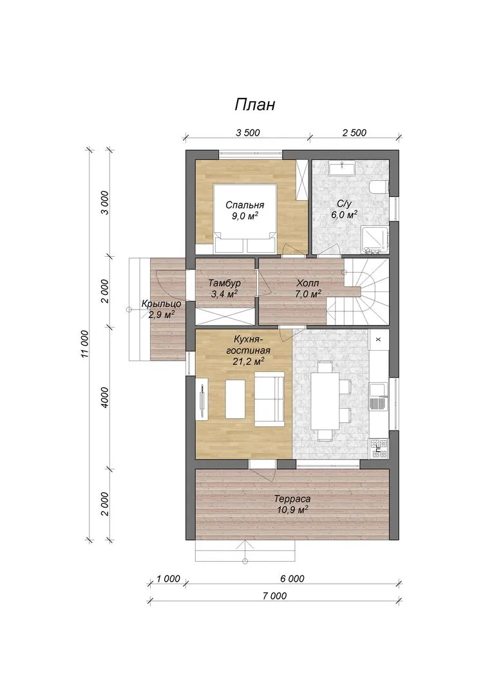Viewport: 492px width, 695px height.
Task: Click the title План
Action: point(254,104)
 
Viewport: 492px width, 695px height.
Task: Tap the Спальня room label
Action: point(245,205)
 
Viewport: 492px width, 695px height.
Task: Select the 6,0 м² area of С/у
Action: point(345,215)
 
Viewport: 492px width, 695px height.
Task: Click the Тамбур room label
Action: point(225,283)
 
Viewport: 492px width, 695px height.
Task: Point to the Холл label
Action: point(307,283)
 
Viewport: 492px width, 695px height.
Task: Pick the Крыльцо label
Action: point(161,304)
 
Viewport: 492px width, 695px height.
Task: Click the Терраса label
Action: point(292,499)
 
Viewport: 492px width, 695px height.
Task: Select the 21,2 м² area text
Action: point(249,361)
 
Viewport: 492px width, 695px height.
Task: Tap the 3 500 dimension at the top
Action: point(247,133)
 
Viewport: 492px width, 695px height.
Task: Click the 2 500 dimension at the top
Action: point(354,133)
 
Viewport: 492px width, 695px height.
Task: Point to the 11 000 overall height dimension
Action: point(85,344)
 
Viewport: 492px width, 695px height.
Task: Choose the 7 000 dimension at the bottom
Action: point(274,596)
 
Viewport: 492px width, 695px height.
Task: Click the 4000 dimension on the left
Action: point(105,398)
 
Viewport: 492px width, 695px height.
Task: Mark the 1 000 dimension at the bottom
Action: point(169,579)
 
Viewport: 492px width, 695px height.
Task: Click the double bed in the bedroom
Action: point(246,219)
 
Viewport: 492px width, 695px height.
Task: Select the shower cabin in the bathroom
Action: point(376,240)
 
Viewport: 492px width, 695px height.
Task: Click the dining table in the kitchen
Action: point(325,401)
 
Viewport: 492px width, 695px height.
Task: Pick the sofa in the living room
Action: point(269,398)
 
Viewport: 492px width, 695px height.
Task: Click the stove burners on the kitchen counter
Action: point(379,448)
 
